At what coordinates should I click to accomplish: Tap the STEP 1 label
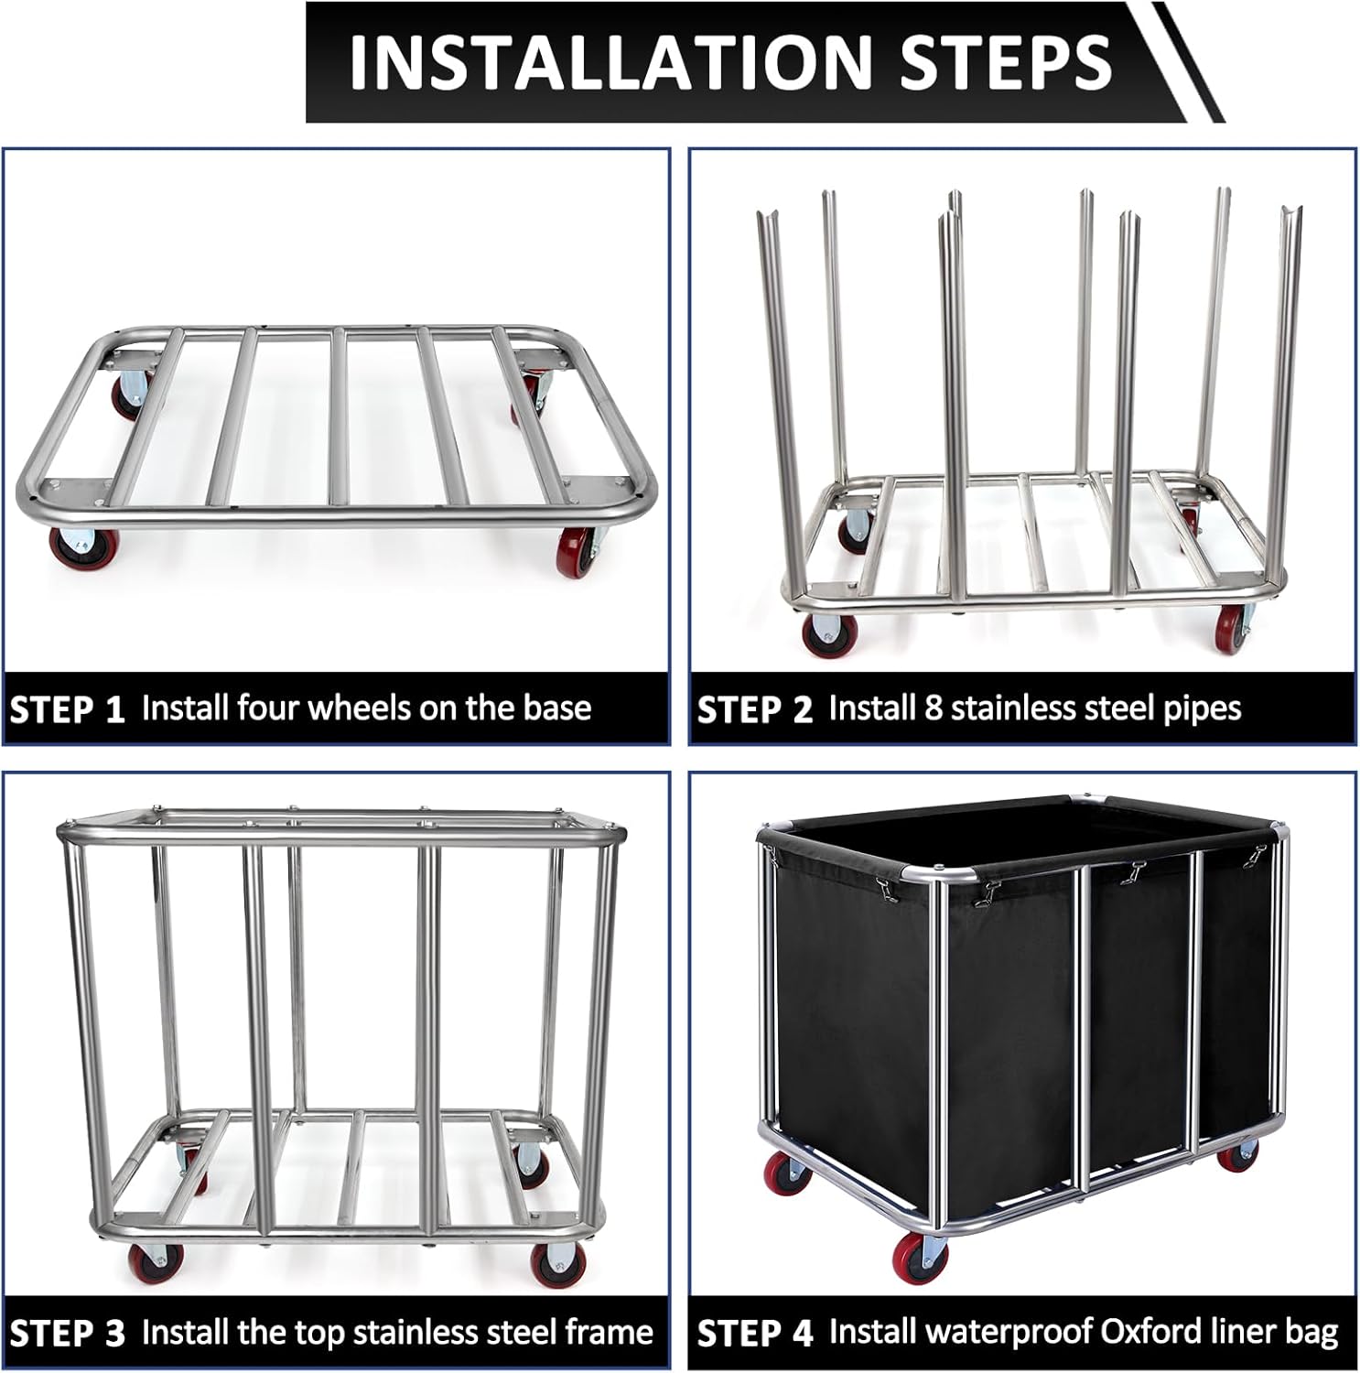[67, 710]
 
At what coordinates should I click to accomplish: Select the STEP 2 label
[755, 710]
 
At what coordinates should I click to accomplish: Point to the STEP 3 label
[67, 1334]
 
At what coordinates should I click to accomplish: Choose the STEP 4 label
[755, 1334]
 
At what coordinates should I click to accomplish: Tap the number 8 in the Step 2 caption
[933, 708]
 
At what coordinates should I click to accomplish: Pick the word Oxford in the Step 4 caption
[1154, 1333]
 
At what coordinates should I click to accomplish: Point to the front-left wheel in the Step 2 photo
[824, 632]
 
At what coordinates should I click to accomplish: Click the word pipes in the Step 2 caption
[1198, 709]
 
